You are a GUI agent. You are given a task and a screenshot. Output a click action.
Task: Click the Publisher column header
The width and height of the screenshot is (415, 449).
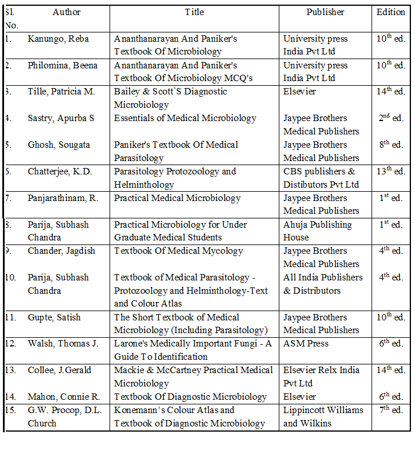coord(325,12)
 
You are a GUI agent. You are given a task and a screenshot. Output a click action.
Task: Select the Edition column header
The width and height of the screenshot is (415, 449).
coord(391,12)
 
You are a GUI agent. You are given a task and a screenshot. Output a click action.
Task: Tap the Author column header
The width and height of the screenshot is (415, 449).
coord(67,12)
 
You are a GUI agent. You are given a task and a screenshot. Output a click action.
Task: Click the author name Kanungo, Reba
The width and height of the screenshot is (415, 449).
coord(59,39)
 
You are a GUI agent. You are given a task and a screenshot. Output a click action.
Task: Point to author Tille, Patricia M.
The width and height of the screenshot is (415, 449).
coord(61,92)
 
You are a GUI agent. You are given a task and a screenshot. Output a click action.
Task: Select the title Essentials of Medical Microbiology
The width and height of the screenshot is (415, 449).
coord(185,118)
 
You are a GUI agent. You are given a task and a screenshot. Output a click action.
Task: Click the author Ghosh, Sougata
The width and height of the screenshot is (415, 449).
coord(59,145)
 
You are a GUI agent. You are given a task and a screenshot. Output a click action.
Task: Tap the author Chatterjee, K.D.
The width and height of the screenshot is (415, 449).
coord(60,171)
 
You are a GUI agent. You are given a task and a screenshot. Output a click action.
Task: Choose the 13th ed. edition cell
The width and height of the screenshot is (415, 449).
coord(391,171)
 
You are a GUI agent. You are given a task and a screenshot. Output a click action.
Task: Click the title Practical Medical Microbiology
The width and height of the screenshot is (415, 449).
coord(177,198)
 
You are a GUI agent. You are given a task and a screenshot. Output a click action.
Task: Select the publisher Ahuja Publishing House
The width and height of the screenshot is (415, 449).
coord(318,231)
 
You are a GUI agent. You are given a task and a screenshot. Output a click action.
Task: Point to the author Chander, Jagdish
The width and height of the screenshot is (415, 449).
coord(62,251)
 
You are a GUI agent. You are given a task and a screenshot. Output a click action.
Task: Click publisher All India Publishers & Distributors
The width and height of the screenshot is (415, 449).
coord(323,284)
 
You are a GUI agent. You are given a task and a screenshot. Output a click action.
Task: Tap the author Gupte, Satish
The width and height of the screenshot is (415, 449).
coord(54,317)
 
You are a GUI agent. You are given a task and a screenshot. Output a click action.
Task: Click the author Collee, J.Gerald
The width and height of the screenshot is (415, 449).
coord(59,370)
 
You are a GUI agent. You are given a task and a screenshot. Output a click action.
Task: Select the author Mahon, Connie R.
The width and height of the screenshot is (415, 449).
coord(64,397)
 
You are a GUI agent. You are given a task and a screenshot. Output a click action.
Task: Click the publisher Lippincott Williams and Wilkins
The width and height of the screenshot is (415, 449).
coord(323,417)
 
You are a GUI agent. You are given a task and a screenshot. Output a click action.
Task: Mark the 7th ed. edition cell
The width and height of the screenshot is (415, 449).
coord(391,410)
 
